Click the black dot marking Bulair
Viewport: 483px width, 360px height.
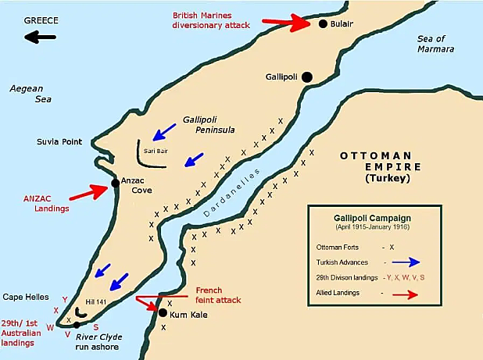[x=322, y=24]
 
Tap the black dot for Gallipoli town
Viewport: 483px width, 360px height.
[x=307, y=77]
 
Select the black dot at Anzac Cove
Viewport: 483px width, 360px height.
[x=116, y=183]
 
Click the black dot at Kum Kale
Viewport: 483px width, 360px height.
[x=163, y=313]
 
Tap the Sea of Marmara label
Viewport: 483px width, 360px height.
[x=436, y=44]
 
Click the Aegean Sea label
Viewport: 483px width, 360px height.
[x=26, y=94]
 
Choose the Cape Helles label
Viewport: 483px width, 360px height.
[x=26, y=297]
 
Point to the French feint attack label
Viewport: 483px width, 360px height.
[x=218, y=294]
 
